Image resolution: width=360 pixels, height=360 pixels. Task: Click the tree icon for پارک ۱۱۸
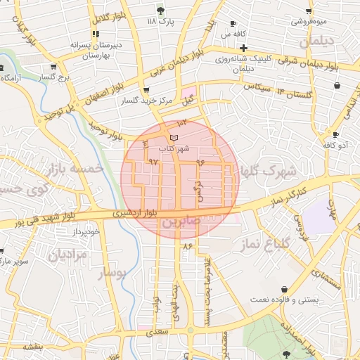click(x=161, y=10)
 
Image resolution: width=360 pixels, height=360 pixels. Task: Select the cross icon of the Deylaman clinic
click(x=243, y=49)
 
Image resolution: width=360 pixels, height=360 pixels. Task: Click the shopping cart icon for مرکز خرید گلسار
click(x=146, y=90)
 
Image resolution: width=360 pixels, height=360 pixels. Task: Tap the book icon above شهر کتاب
click(x=174, y=137)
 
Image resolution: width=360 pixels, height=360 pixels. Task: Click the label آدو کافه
click(x=335, y=145)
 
